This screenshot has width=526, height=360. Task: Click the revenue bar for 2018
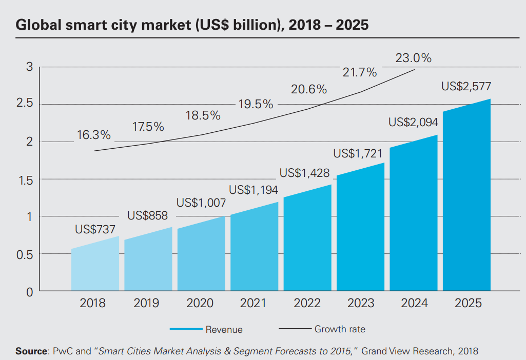(95, 267)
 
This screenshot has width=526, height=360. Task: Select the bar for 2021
(255, 249)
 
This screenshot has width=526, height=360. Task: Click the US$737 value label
(95, 229)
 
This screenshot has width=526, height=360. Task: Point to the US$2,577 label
(467, 87)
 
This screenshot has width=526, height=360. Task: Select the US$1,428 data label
(305, 173)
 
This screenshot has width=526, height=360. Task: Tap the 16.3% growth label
(94, 135)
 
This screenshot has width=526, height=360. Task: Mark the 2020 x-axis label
(200, 303)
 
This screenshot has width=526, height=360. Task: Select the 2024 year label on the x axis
(414, 303)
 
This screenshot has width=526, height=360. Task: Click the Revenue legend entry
(224, 329)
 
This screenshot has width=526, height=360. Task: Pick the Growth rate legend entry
(340, 329)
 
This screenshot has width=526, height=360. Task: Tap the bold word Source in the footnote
(31, 351)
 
